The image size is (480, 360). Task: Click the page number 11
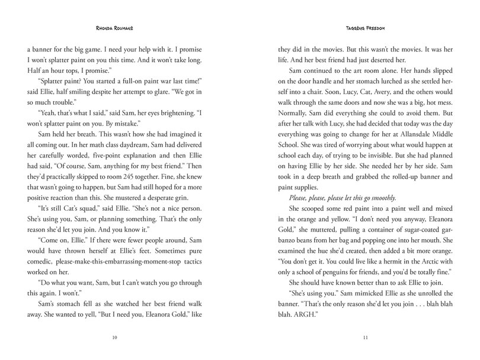[x=357, y=338]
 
